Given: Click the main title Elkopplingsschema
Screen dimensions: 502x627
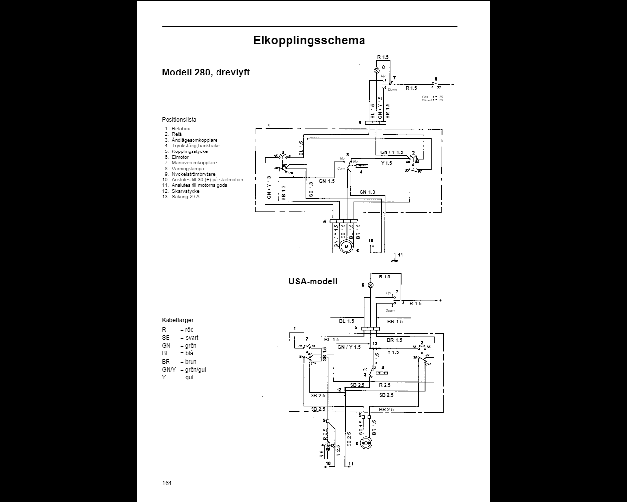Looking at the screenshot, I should point(309,40).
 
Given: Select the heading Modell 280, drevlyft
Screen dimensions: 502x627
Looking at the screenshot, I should point(206,73).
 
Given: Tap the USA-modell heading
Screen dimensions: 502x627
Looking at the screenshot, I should point(313,281).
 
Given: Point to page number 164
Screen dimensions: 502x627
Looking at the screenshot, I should point(167,483).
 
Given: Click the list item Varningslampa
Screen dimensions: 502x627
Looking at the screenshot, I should point(188,168).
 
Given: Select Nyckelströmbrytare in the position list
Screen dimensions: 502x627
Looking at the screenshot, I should point(193,174).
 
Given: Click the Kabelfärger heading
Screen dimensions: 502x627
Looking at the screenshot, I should point(177,320).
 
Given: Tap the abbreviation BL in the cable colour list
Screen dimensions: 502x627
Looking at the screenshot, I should point(166,353).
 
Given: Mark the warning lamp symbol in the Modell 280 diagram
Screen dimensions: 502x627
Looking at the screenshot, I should point(377,71).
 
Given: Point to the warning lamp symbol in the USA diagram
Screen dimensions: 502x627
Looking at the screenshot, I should point(371,285).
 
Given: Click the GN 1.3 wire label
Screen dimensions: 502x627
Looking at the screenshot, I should point(367,192).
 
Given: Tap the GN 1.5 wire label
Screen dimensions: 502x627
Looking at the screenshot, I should point(326,181).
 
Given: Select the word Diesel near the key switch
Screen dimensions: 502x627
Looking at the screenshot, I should point(427,100).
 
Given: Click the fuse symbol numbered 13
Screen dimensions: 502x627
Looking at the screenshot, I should point(328,447).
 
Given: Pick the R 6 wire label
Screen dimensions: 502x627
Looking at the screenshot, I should point(322,453).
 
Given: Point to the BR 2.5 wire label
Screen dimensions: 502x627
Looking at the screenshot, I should point(386,409).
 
